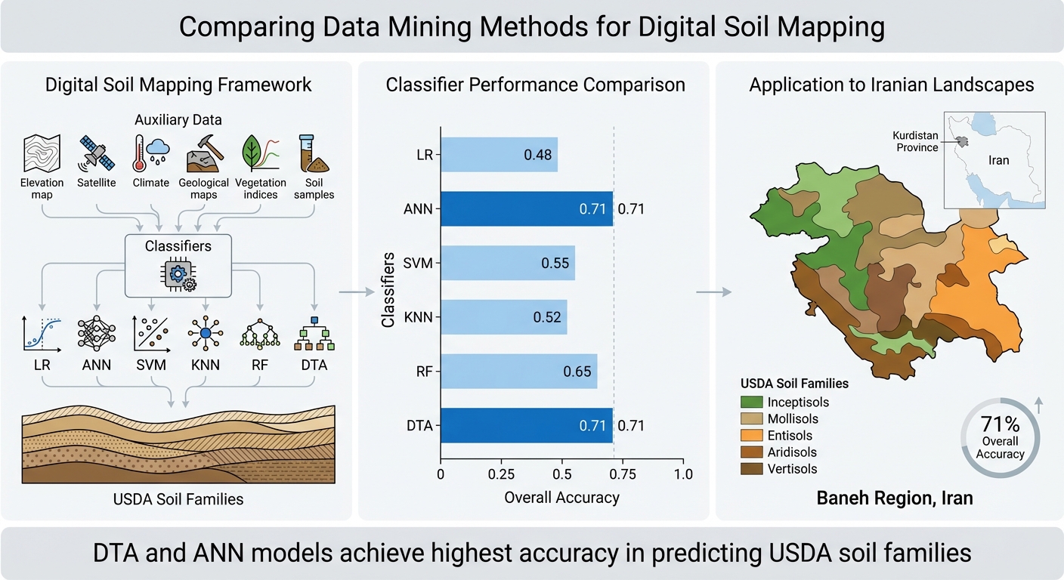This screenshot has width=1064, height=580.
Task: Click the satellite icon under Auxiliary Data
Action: tap(96, 153)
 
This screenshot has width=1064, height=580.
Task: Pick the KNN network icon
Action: tap(205, 333)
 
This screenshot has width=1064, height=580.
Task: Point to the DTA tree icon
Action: tap(314, 333)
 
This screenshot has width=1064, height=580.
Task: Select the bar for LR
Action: tap(499, 155)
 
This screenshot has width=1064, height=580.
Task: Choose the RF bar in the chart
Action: tap(518, 371)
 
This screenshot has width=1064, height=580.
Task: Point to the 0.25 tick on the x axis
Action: tap(501, 474)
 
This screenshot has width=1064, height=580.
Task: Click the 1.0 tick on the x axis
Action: tap(682, 474)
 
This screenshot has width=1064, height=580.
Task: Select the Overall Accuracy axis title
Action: tap(561, 497)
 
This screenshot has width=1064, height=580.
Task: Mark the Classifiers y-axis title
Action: tap(388, 290)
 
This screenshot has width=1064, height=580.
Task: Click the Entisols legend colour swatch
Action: tap(751, 435)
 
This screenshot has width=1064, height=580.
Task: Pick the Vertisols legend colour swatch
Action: tap(751, 469)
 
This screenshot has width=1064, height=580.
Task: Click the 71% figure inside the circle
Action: tap(1000, 424)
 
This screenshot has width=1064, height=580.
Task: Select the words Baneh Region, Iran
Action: tap(895, 498)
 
